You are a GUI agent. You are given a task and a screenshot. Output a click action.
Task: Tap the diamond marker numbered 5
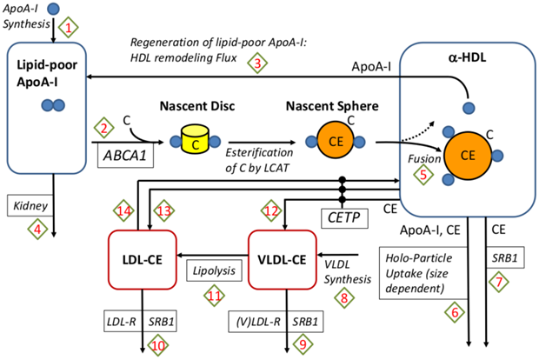[x=423, y=174]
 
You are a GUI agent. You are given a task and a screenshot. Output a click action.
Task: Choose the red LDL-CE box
[x=143, y=257]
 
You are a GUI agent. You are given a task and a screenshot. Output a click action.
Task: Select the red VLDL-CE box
[x=283, y=257]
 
